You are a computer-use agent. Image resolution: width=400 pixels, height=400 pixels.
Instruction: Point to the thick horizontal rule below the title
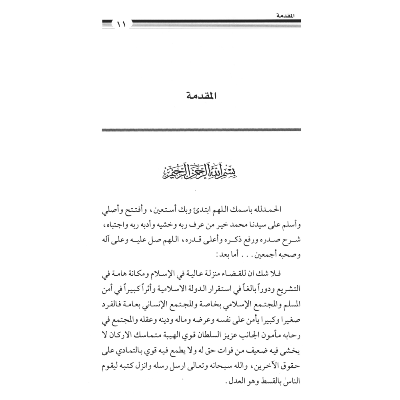[201, 130]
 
